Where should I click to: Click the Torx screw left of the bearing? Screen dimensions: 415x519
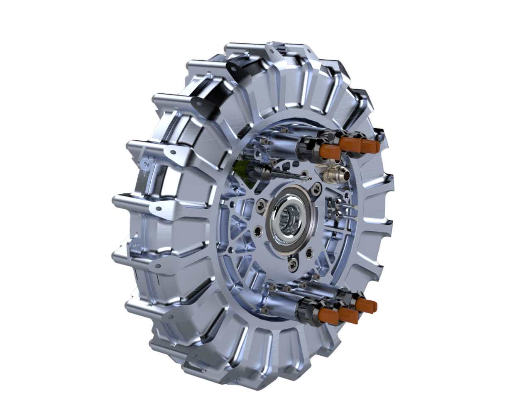point(261,203)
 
